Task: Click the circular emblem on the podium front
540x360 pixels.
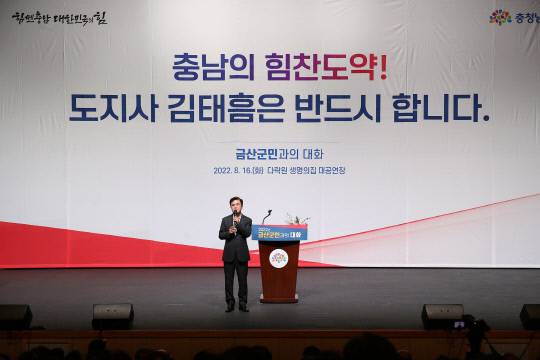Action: click(278, 258)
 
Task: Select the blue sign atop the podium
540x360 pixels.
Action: click(282, 233)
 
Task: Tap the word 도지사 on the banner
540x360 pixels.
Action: click(110, 107)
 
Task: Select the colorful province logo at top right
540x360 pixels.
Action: click(511, 16)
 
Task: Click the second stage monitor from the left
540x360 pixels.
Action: click(113, 315)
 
